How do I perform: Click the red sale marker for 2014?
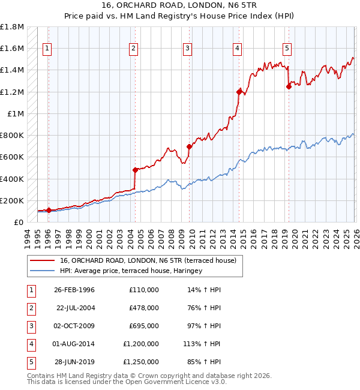(239, 92)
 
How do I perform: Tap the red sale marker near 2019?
(289, 86)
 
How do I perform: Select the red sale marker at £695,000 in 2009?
(189, 146)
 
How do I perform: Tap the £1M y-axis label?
(16, 113)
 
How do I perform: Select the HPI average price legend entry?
(131, 271)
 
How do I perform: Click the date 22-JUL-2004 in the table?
(76, 307)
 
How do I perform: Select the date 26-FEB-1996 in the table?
(76, 289)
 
